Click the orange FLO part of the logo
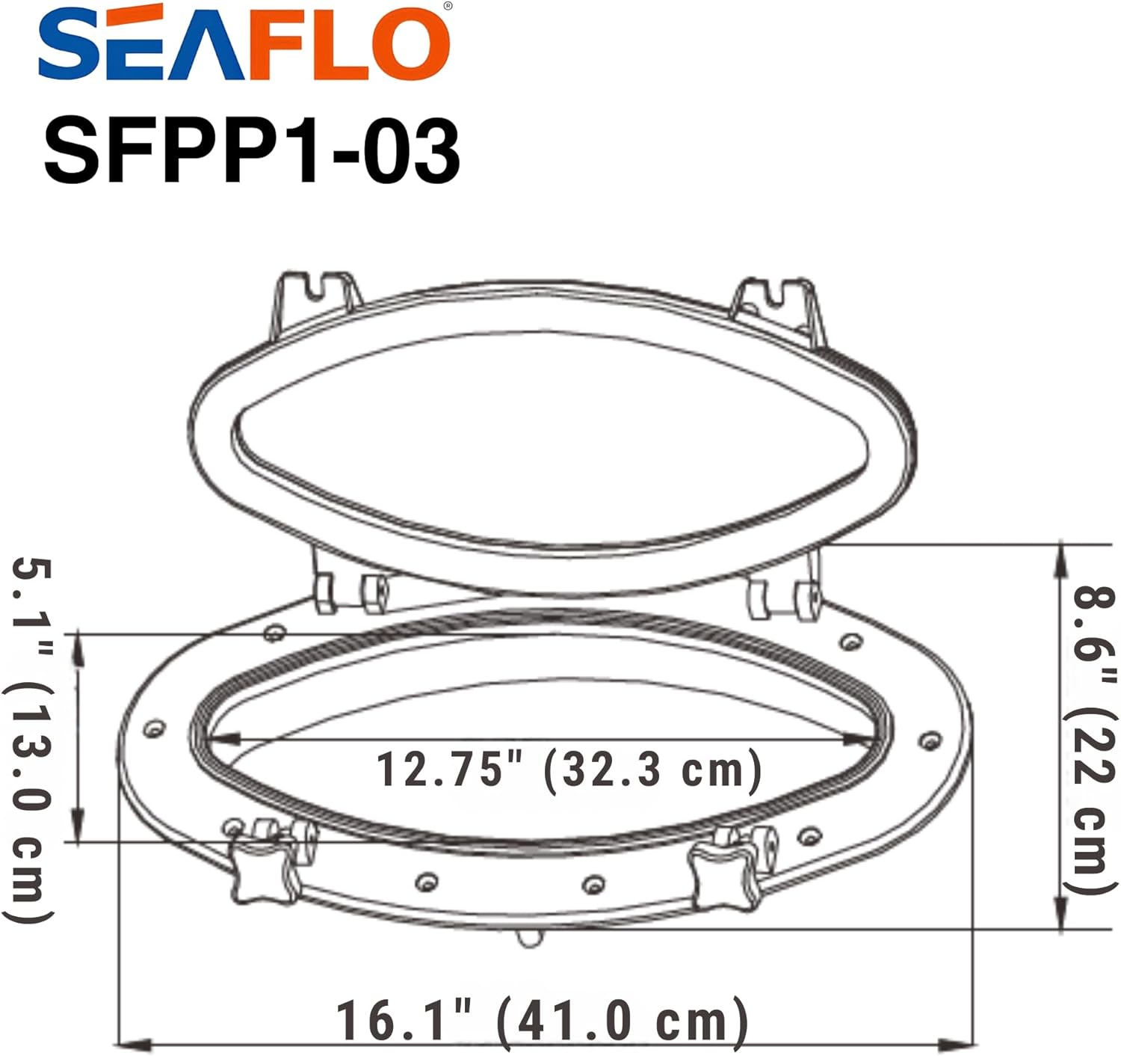(348, 45)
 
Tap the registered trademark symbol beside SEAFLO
(447, 6)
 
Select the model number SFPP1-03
(252, 152)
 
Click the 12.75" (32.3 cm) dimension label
(568, 770)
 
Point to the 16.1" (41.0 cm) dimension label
(541, 1022)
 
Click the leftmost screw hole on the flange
(155, 728)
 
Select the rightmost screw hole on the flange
(929, 740)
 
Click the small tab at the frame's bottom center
(530, 937)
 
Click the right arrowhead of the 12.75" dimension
(859, 740)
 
